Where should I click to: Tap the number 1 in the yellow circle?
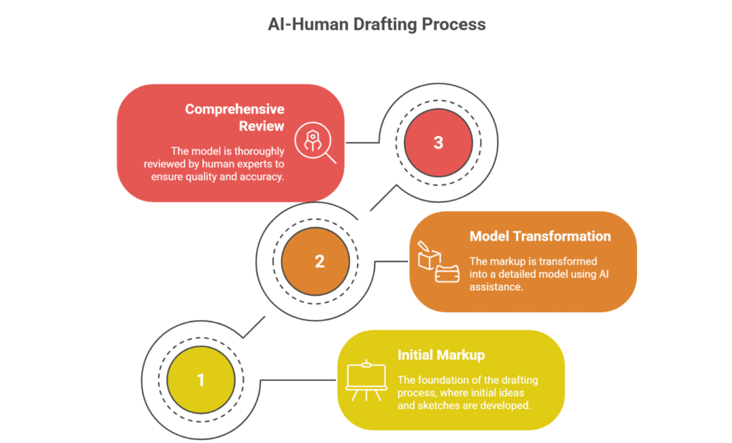[x=200, y=380]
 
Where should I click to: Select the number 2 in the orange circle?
[x=319, y=261]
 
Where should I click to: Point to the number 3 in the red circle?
[x=437, y=142]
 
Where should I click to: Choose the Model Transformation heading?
[x=540, y=236]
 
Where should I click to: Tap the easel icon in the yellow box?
[x=365, y=380]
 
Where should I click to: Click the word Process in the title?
[x=452, y=24]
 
